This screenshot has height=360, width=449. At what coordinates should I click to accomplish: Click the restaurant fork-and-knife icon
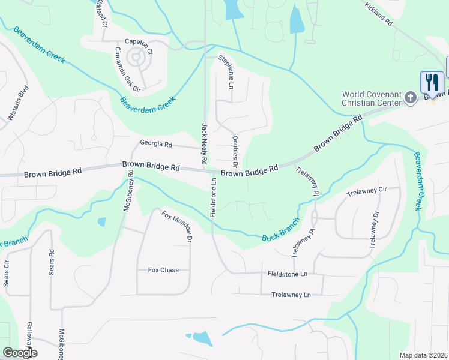432,82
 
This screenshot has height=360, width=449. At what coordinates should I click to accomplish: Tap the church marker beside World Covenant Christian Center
411,97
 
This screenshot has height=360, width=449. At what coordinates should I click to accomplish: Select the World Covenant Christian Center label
370,98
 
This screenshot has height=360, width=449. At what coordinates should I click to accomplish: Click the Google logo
20,353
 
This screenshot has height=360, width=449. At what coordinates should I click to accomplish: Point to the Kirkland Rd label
378,13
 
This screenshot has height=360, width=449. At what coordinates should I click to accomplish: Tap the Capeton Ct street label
139,42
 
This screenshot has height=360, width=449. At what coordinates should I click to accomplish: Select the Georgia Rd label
156,144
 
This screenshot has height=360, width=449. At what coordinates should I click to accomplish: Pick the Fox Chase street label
163,270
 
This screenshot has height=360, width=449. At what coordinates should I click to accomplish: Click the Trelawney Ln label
291,295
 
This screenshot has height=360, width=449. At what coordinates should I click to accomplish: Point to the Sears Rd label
51,262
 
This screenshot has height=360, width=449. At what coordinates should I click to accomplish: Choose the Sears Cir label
7,273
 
